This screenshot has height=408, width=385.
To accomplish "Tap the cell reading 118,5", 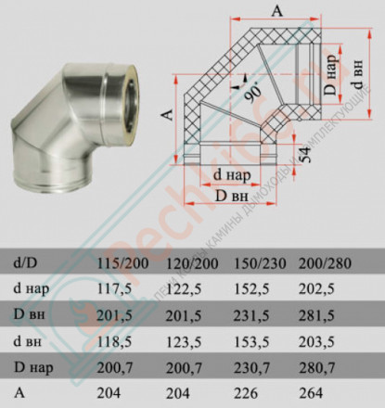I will click(x=127, y=338).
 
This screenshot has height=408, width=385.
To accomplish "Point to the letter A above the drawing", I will click(x=277, y=11).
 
